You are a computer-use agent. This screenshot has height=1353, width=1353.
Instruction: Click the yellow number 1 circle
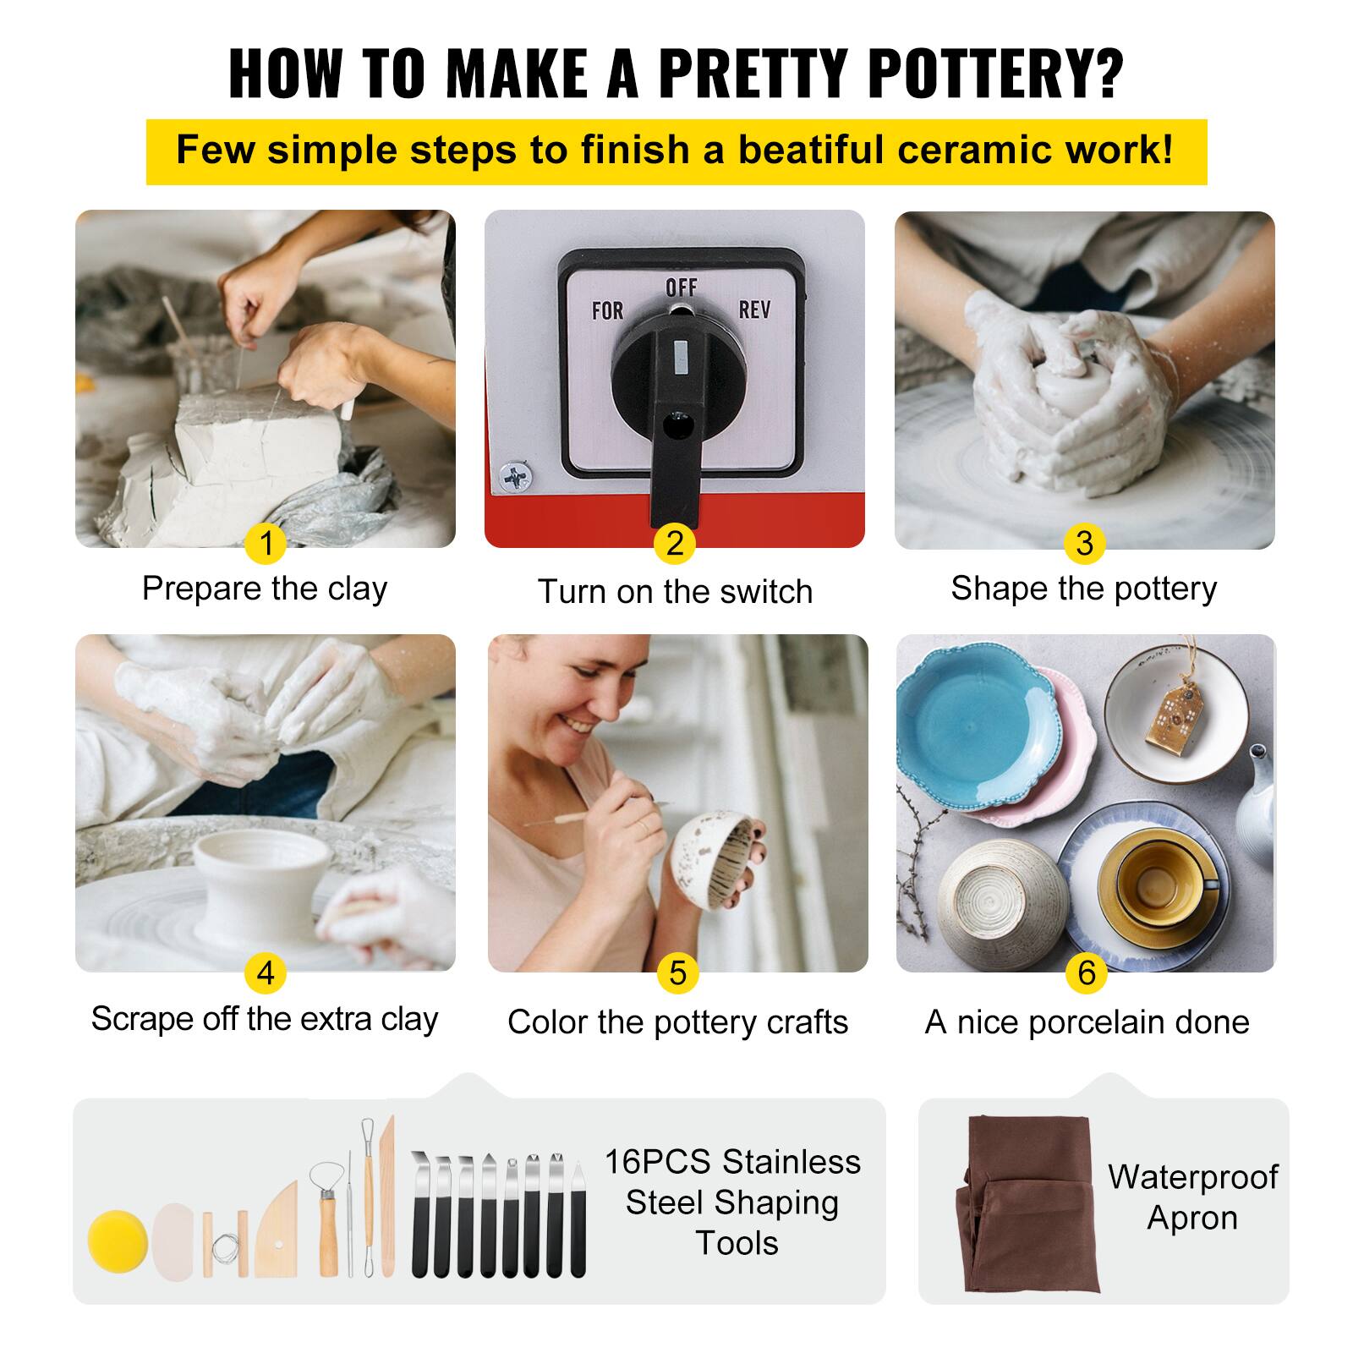[266, 543]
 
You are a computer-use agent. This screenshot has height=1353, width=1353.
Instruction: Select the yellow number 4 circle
[266, 972]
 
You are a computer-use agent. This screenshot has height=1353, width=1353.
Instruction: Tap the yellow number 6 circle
[1087, 972]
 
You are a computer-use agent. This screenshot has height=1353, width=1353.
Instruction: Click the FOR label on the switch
[607, 311]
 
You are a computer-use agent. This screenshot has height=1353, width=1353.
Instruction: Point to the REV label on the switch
[754, 309]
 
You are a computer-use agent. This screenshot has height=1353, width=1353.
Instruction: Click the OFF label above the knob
[681, 288]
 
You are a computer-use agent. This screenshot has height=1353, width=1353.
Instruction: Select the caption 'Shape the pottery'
[1083, 589]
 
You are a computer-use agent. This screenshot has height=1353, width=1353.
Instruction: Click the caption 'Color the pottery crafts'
[677, 1022]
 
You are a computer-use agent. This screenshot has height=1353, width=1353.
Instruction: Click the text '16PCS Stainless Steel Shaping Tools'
[732, 1202]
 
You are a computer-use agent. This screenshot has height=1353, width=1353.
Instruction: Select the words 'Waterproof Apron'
[1192, 1197]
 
